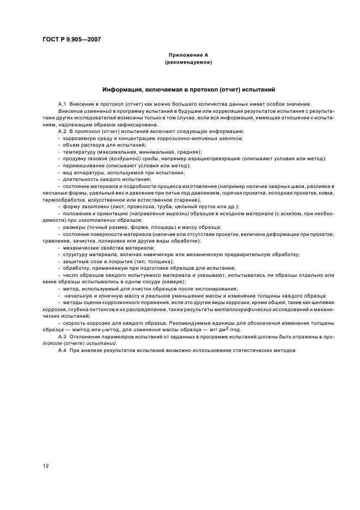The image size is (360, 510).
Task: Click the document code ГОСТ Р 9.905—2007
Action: (x=71, y=39)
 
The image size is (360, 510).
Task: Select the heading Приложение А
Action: (x=188, y=55)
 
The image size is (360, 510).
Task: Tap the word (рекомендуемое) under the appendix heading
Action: (x=188, y=62)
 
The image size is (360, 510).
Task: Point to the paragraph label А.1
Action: (x=62, y=104)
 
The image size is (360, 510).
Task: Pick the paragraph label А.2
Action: (x=62, y=131)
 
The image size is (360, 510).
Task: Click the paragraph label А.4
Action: (x=62, y=351)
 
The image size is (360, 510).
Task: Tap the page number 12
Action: (x=46, y=465)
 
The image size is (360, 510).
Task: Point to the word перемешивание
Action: (x=81, y=166)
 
